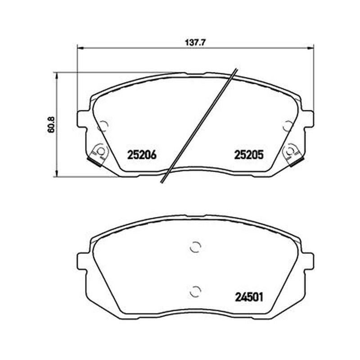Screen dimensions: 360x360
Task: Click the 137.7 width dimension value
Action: (x=195, y=42)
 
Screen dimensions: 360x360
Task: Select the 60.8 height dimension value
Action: (x=51, y=125)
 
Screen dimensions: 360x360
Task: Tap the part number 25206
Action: (x=142, y=155)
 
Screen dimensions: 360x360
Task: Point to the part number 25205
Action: (x=249, y=155)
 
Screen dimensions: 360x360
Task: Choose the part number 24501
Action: (x=249, y=297)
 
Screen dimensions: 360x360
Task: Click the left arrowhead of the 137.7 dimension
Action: (x=80, y=48)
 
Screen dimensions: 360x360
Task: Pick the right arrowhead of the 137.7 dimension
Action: (x=310, y=48)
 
